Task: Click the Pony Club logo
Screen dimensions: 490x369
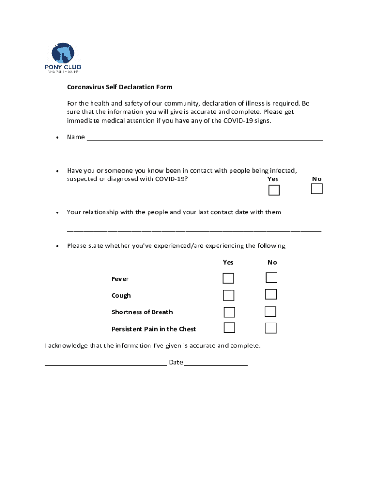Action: click(x=63, y=58)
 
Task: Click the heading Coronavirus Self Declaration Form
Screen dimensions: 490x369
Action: click(x=119, y=87)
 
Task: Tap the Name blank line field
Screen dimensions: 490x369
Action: click(x=205, y=138)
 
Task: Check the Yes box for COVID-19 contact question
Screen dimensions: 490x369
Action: click(x=274, y=190)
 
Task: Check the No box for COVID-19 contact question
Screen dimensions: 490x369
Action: click(x=317, y=189)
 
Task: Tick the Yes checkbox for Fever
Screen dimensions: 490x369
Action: click(x=229, y=278)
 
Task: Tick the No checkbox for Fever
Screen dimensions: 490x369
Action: click(x=272, y=278)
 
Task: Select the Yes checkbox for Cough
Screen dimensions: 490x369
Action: click(x=229, y=295)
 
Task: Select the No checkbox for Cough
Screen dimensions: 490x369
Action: click(x=271, y=294)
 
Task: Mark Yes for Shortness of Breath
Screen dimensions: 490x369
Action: click(x=230, y=312)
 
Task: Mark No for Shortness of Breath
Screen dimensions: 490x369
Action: click(x=270, y=312)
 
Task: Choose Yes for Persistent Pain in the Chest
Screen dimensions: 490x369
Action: click(x=230, y=328)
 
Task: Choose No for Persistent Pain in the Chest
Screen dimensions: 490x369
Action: click(x=271, y=328)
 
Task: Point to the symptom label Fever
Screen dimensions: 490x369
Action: click(x=120, y=279)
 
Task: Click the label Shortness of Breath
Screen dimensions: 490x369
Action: click(x=142, y=312)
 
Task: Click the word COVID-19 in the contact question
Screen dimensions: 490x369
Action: click(x=170, y=179)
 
